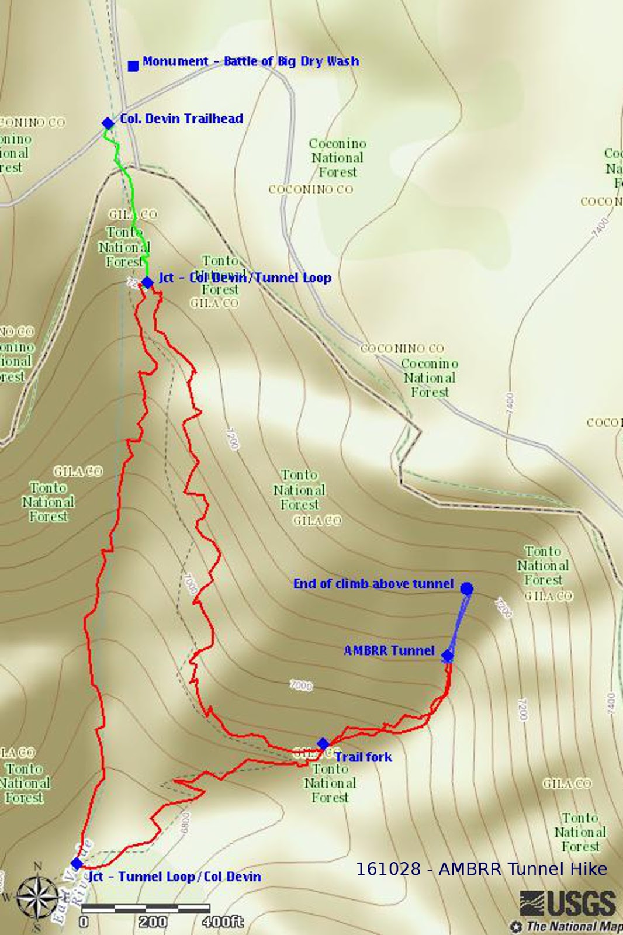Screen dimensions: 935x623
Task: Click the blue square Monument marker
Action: click(133, 66)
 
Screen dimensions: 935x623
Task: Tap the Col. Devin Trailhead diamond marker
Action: click(108, 123)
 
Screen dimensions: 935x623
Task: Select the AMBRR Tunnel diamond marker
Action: click(447, 656)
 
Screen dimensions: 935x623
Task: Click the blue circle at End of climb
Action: click(466, 588)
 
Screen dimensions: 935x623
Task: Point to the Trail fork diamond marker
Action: click(323, 744)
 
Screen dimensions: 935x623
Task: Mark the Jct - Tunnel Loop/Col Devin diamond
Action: click(77, 863)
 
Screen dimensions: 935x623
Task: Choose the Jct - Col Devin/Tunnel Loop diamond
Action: click(147, 283)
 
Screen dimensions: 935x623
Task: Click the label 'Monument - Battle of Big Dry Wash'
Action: click(250, 61)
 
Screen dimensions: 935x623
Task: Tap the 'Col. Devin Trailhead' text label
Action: click(181, 119)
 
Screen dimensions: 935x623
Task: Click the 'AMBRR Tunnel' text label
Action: click(389, 650)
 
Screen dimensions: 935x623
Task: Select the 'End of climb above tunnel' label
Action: click(373, 584)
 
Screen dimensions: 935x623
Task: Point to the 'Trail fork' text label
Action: click(363, 757)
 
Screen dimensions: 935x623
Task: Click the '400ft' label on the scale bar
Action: click(223, 922)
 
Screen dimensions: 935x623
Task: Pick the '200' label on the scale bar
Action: click(153, 922)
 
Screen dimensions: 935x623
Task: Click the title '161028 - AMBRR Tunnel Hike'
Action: click(481, 869)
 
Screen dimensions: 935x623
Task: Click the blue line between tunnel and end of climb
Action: click(456, 623)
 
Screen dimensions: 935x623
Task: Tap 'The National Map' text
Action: click(573, 926)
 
